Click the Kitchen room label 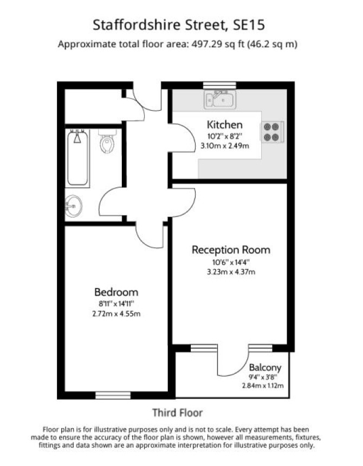pyautogui.click(x=224, y=124)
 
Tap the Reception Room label pyautogui.click(x=231, y=250)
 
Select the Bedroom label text pyautogui.click(x=116, y=292)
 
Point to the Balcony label pyautogui.click(x=265, y=368)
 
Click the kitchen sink pyautogui.click(x=220, y=100)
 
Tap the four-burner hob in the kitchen pyautogui.click(x=272, y=132)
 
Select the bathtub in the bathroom pyautogui.click(x=77, y=158)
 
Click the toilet pyautogui.click(x=107, y=142)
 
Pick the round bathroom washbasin pyautogui.click(x=73, y=206)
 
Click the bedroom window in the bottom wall pyautogui.click(x=113, y=395)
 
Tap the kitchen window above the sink pyautogui.click(x=219, y=85)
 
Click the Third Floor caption pyautogui.click(x=178, y=413)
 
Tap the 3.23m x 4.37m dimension pyautogui.click(x=231, y=272)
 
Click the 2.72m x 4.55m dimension pyautogui.click(x=116, y=314)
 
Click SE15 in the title pyautogui.click(x=249, y=25)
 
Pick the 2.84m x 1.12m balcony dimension pyautogui.click(x=263, y=386)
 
